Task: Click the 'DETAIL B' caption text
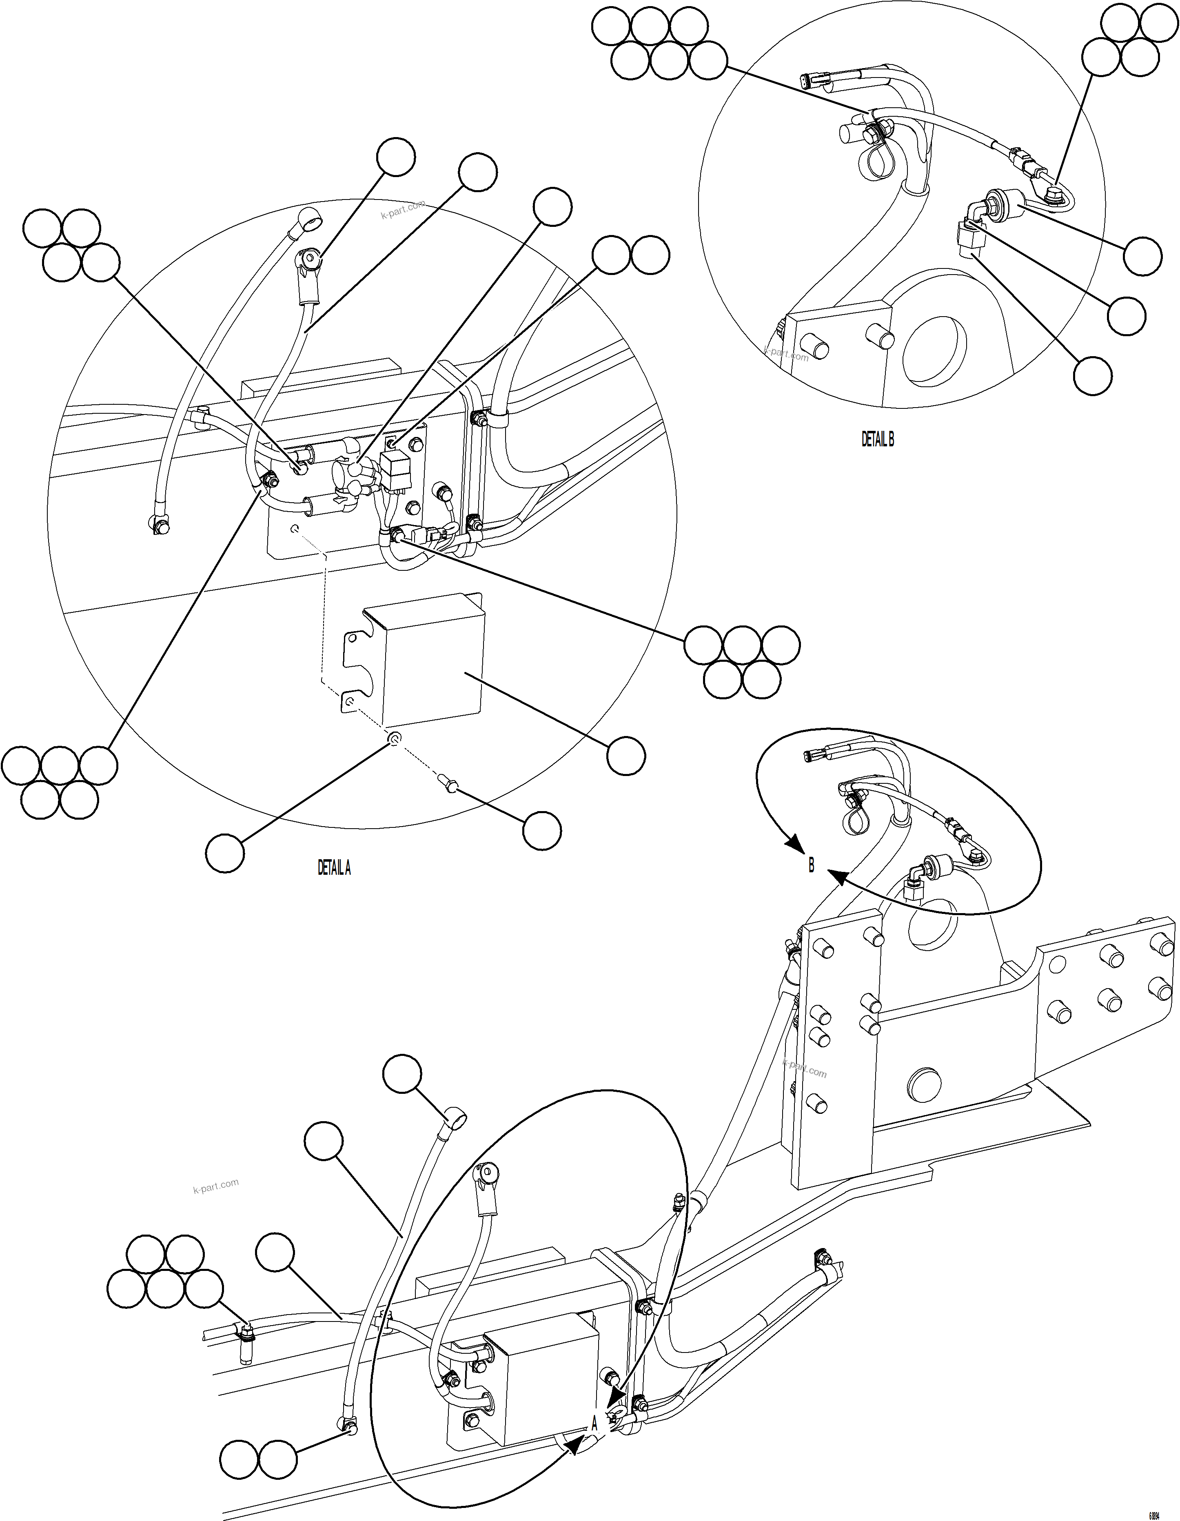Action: click(x=877, y=439)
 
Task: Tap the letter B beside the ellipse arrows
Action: click(x=811, y=866)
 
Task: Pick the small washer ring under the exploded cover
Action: click(x=394, y=739)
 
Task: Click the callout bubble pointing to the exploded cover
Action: click(x=625, y=756)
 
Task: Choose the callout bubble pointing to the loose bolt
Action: click(x=542, y=830)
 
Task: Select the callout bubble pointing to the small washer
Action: click(x=225, y=852)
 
